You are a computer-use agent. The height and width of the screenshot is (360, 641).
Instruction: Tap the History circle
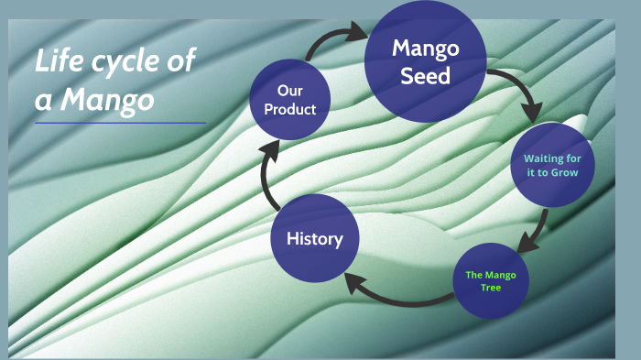pos(315,239)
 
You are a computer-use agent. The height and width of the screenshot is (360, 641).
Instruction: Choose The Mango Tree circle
pos(492,281)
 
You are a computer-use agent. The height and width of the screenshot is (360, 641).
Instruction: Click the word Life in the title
pos(54,63)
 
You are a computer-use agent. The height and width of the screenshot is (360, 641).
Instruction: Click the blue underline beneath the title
pos(120,123)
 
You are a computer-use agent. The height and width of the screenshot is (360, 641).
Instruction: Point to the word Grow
pos(564,173)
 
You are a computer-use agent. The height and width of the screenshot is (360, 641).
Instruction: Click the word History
pos(315,239)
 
